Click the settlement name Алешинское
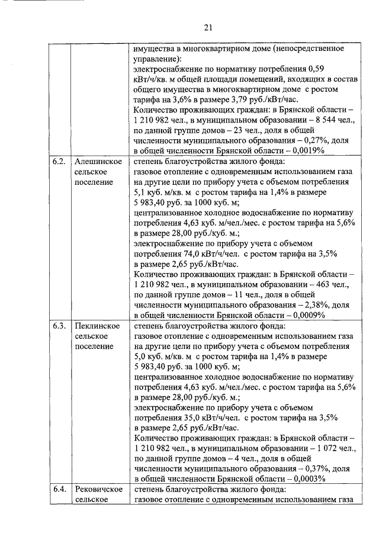(98, 161)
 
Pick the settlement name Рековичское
(98, 489)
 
